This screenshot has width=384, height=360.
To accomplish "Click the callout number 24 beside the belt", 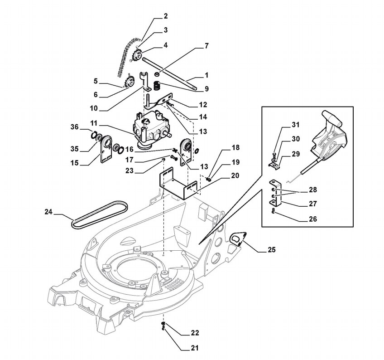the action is (x=48, y=211).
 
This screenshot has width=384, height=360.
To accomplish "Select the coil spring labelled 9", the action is (x=156, y=86).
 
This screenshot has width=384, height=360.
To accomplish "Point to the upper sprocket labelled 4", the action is (x=136, y=56).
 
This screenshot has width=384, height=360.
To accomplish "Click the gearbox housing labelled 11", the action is (x=150, y=130).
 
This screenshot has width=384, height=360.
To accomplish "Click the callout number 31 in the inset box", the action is (x=296, y=125).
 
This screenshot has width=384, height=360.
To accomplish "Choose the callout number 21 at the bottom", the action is (x=195, y=348).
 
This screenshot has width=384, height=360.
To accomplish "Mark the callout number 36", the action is (x=75, y=127).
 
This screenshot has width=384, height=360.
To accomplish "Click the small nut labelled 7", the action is (x=157, y=73).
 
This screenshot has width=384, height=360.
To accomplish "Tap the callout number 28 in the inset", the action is (x=312, y=190).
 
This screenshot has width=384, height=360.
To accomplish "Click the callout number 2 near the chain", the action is (x=166, y=16).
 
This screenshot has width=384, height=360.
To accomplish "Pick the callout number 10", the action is (x=94, y=108).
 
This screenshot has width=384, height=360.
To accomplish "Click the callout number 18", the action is (x=236, y=148).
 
